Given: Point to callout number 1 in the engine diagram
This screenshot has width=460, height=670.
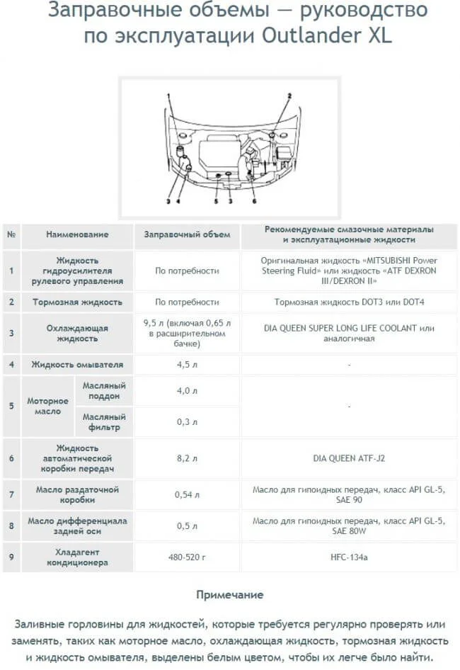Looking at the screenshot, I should tap(169, 95).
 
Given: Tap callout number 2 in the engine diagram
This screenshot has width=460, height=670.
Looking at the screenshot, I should tap(289, 95).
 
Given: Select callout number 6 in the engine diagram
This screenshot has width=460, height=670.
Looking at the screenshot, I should tap(253, 201).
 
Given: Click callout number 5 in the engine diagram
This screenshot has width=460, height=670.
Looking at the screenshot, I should tap(217, 201).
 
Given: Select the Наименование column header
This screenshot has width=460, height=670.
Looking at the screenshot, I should tap(77, 234).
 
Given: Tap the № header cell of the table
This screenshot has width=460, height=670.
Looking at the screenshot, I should tap(11, 234).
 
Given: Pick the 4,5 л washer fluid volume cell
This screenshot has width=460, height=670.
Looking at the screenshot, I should tap(187, 365).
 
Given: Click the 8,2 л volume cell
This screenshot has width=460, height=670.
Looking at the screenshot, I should tap(187, 458).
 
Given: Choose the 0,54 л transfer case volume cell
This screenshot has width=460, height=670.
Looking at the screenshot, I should tap(187, 494).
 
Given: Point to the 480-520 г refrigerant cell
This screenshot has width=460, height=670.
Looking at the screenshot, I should tap(187, 557).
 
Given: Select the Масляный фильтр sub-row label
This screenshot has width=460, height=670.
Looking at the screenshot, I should tap(103, 422).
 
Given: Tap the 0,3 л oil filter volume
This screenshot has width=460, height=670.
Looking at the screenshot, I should tap(187, 422).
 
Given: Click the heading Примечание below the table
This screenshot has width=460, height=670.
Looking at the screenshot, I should tap(229, 595).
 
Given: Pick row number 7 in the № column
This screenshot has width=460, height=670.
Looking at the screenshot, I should tap(11, 494).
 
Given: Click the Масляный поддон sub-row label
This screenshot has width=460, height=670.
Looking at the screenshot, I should tap(103, 391).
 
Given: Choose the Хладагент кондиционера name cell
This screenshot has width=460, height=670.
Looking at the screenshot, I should tap(77, 557).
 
